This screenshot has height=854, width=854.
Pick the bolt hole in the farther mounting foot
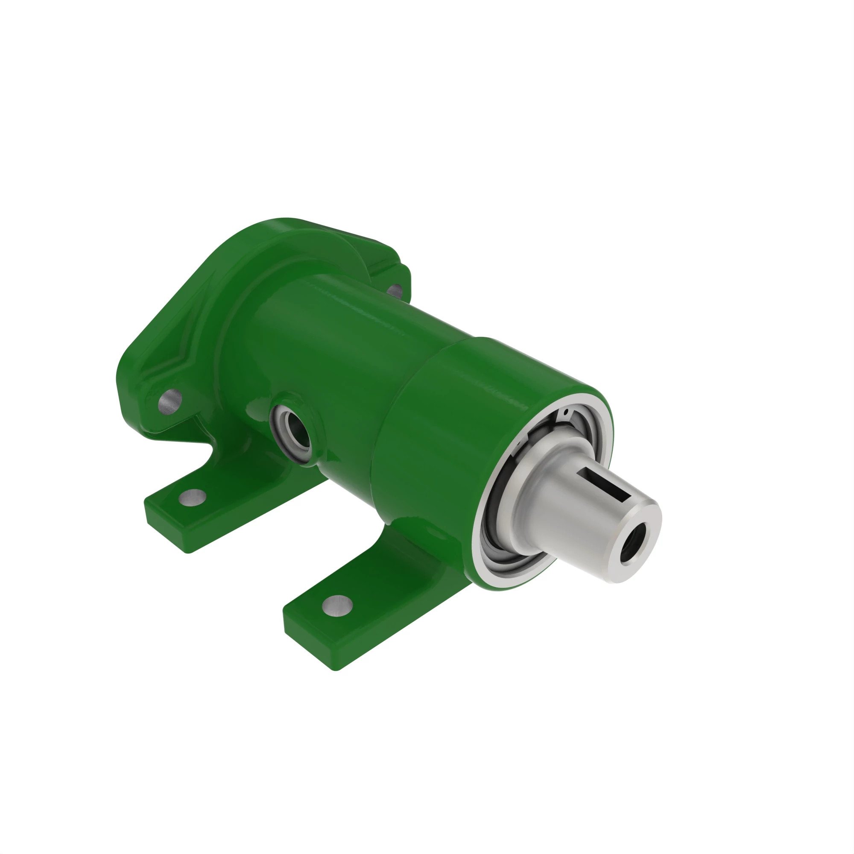pyautogui.click(x=192, y=498)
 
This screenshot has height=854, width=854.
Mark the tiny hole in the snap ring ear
pyautogui.click(x=566, y=412)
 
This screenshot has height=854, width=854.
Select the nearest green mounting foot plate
pyautogui.click(x=363, y=619)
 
